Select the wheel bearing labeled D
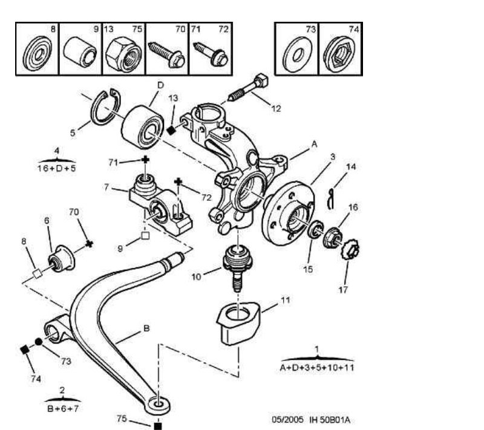tap(142, 127)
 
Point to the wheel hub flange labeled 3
tap(288, 213)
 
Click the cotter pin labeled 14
tap(330, 199)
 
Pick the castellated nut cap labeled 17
tap(352, 249)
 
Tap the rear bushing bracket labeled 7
tap(160, 204)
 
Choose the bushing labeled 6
tap(62, 258)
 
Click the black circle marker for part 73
tap(38, 342)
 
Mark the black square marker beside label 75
tap(158, 426)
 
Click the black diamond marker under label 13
tap(171, 131)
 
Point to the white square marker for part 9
tap(145, 236)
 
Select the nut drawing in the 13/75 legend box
tap(123, 55)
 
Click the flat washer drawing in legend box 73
tap(297, 55)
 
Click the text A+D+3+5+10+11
tap(316, 368)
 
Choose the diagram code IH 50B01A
tap(330, 420)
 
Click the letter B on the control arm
tap(146, 328)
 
